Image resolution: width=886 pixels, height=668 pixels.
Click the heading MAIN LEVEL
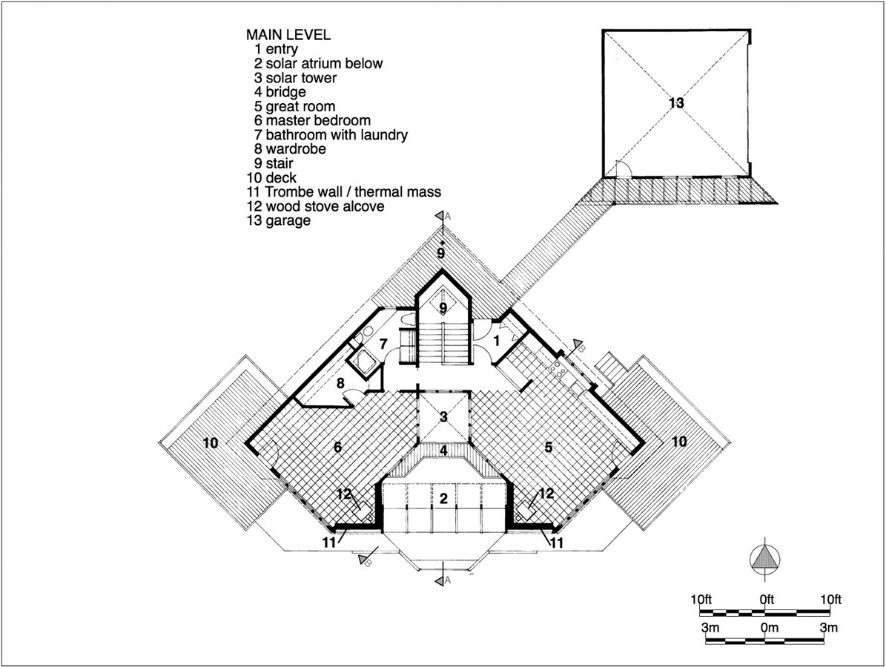[288, 34]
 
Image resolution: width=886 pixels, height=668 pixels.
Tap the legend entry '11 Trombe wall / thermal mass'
[343, 191]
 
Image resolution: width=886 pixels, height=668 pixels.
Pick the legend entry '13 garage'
[279, 220]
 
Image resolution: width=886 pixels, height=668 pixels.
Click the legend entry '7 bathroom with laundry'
[331, 134]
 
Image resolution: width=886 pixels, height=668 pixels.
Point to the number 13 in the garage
[676, 103]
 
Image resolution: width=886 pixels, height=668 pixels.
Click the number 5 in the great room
[548, 447]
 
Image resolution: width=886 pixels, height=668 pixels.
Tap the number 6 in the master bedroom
[338, 447]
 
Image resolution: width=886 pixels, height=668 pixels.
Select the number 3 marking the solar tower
[443, 417]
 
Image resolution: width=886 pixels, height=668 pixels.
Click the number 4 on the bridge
[443, 451]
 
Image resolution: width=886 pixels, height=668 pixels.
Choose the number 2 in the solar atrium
[443, 498]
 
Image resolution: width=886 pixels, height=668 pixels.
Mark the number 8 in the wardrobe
[340, 383]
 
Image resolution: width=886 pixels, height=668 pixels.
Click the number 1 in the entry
[497, 341]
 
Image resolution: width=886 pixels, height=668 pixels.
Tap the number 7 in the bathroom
[383, 344]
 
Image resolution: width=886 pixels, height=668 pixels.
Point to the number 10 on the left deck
[211, 442]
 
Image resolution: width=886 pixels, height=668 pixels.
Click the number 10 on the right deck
[679, 441]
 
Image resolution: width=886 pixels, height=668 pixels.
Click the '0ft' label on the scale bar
[767, 599]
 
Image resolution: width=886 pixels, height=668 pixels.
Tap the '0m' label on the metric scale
[769, 627]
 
